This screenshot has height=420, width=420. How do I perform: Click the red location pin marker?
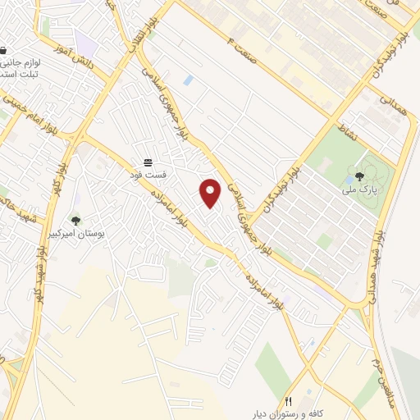pos(211,193)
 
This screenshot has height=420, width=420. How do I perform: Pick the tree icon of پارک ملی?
pos(359,176)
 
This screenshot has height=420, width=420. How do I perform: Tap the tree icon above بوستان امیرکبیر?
pos(75,220)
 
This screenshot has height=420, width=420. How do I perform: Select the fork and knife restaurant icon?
pos(288,400)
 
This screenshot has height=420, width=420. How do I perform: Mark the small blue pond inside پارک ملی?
pos(351,176)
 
